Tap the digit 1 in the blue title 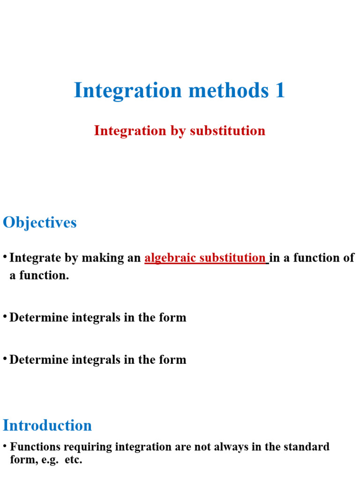click(280, 90)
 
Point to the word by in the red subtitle click(178, 130)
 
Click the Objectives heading click(40, 222)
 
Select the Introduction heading click(47, 425)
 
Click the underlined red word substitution click(232, 258)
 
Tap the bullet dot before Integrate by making click(5, 257)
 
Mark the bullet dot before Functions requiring click(5, 445)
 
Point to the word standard click(307, 447)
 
